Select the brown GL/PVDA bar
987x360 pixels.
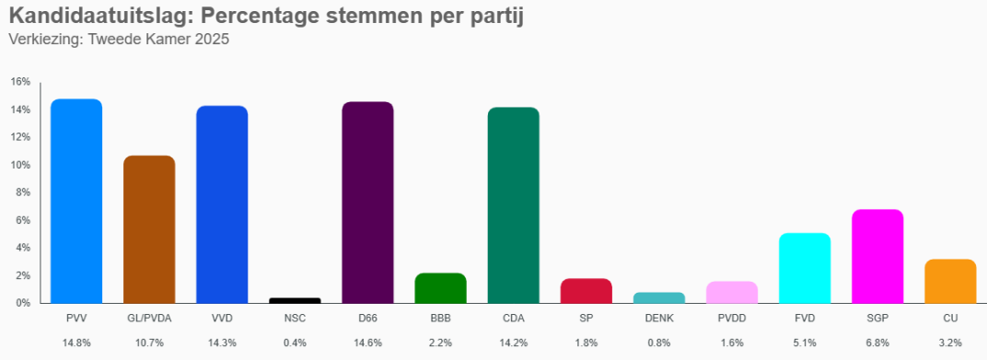149,229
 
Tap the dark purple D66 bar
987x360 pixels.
367,203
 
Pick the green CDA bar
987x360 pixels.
513,205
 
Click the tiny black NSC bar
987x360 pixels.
295,300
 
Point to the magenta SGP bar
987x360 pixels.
877,256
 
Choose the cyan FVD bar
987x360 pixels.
805,268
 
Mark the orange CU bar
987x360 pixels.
950,281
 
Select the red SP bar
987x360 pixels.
586,290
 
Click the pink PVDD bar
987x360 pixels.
732,292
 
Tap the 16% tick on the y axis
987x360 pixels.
21,82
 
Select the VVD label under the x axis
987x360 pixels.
222,319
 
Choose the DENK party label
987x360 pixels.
659,319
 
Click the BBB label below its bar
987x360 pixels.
440,319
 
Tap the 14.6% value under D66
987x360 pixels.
367,343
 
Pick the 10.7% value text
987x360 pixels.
149,343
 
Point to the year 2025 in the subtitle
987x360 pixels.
211,40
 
